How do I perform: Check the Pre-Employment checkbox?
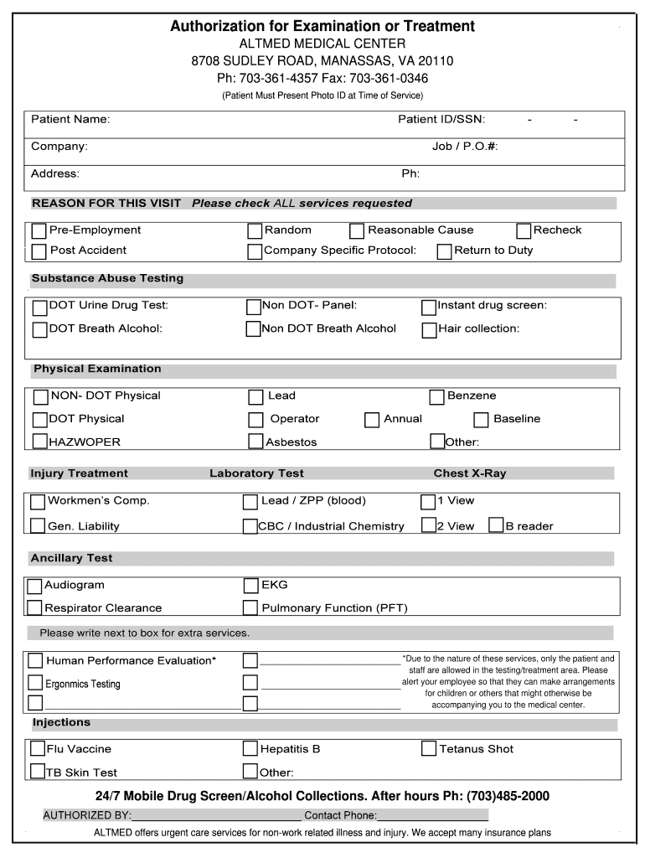(x=39, y=230)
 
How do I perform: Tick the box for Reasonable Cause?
(x=357, y=230)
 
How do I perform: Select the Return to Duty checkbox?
(x=445, y=251)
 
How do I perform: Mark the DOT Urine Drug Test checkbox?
(x=40, y=307)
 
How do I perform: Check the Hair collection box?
(x=429, y=329)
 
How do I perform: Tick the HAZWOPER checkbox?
(x=40, y=441)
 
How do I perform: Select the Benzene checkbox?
(x=436, y=396)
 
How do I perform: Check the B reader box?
(x=495, y=525)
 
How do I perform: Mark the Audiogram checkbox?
(x=34, y=586)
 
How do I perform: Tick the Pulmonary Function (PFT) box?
(x=250, y=607)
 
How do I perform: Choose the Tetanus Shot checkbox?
(x=429, y=748)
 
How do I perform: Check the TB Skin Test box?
(x=38, y=771)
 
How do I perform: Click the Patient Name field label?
(x=70, y=120)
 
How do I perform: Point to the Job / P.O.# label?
(x=465, y=147)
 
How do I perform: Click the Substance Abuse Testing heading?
(x=107, y=278)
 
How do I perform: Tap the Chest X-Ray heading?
(x=469, y=473)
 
